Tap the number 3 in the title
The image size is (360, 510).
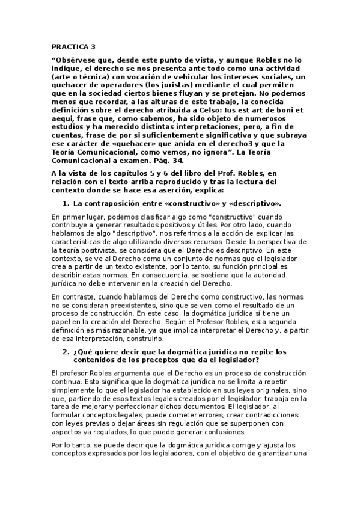pyautogui.click(x=93, y=46)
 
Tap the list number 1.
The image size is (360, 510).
pyautogui.click(x=66, y=204)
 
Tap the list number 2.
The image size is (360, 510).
pyautogui.click(x=66, y=351)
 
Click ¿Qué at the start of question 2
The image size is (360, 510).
pyautogui.click(x=81, y=351)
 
